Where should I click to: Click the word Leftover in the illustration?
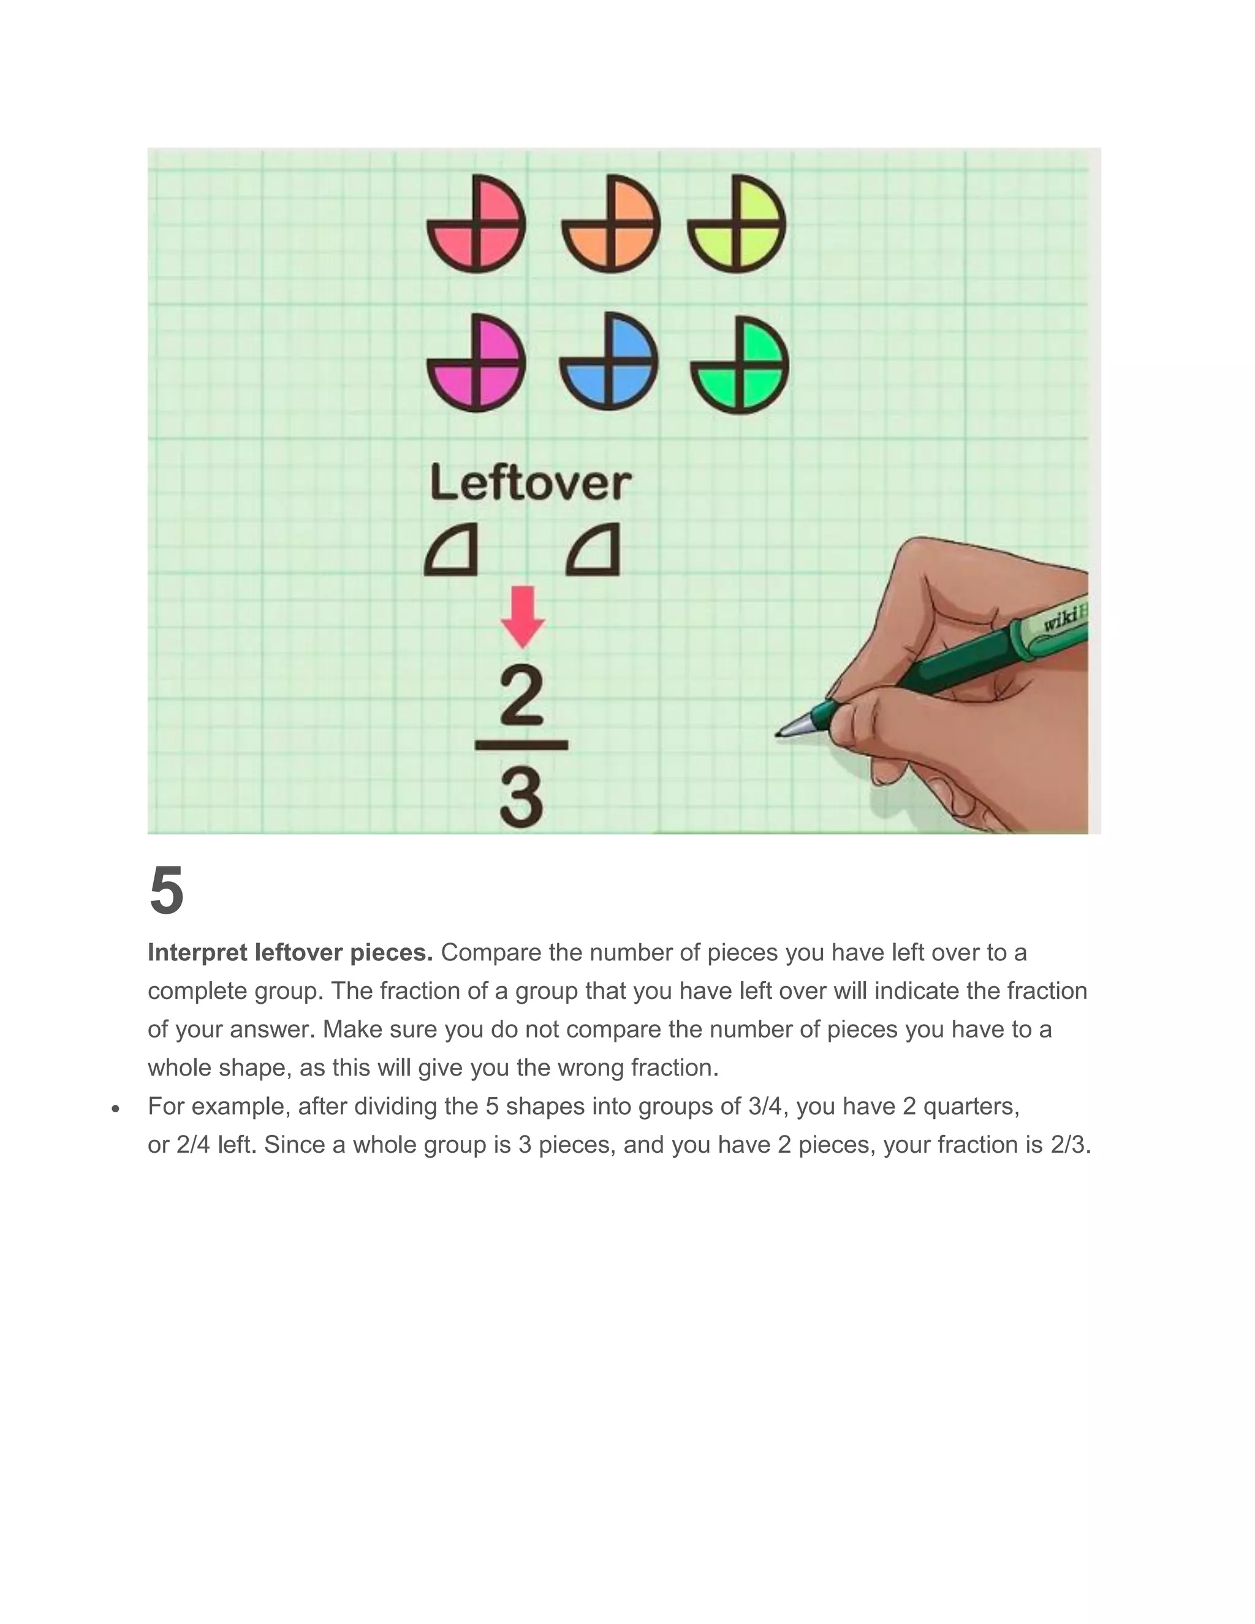[531, 484]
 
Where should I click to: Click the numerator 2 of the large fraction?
[521, 696]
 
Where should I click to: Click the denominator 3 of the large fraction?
[521, 799]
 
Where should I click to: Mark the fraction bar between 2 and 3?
[521, 745]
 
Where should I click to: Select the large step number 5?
[167, 891]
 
